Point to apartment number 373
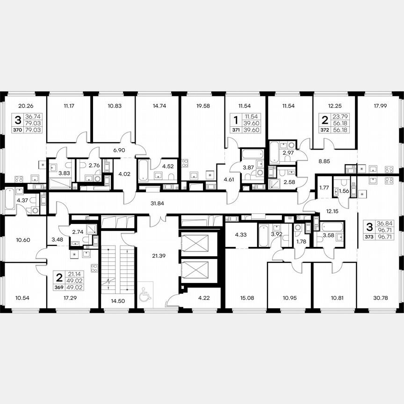point(369,237)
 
